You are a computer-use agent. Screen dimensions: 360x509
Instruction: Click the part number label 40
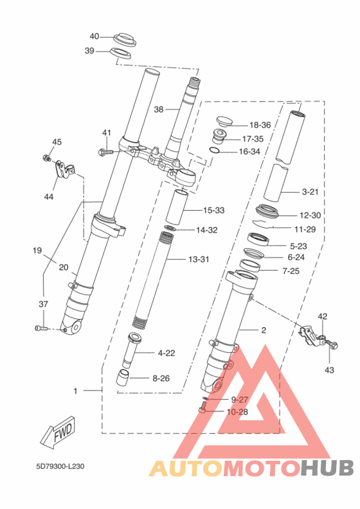(x=94, y=36)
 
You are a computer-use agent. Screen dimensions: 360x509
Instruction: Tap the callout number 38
(x=158, y=109)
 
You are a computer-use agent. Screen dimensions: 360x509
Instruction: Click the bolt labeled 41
(x=105, y=151)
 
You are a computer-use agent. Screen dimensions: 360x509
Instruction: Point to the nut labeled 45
(x=46, y=158)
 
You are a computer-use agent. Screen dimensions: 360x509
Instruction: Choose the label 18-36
(x=260, y=125)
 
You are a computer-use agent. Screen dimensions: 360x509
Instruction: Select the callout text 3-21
(x=310, y=192)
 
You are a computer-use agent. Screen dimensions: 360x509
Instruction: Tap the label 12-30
(x=310, y=215)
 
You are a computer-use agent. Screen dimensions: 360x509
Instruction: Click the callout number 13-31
(x=199, y=260)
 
